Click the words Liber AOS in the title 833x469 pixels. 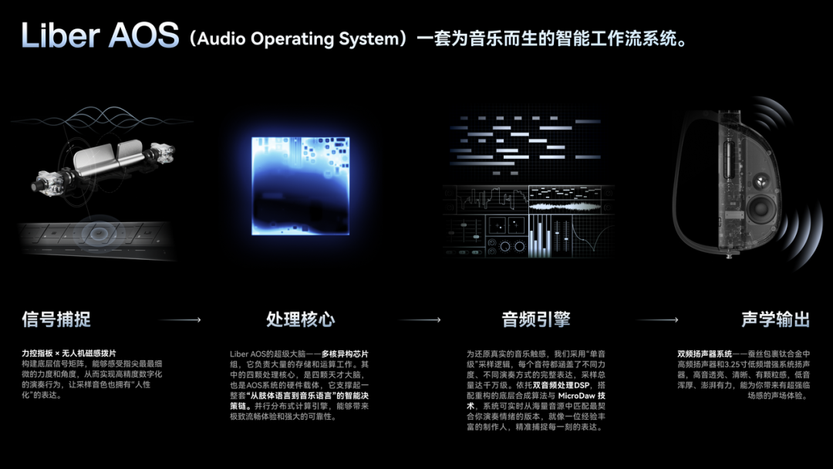click(99, 36)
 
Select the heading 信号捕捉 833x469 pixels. click(56, 319)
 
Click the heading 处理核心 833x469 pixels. click(301, 319)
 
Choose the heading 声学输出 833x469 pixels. click(775, 319)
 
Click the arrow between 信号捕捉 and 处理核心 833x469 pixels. click(180, 319)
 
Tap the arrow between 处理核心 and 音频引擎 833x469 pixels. click(420, 319)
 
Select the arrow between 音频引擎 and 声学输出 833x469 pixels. click(658, 319)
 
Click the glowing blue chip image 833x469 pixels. click(300, 186)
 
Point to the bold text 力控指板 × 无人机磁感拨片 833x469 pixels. click(69, 353)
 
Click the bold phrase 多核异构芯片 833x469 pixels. click(345, 353)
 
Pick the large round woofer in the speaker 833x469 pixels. click(760, 207)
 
